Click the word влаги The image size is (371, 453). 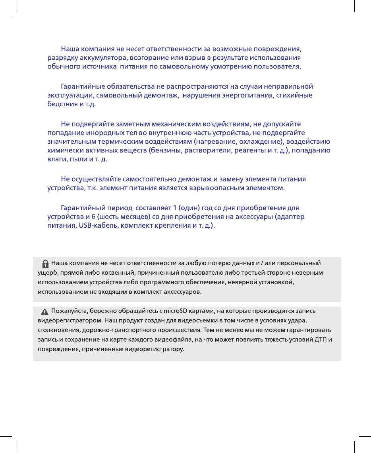click(x=56, y=159)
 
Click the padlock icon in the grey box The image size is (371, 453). click(x=46, y=263)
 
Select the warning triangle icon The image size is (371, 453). click(x=45, y=311)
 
